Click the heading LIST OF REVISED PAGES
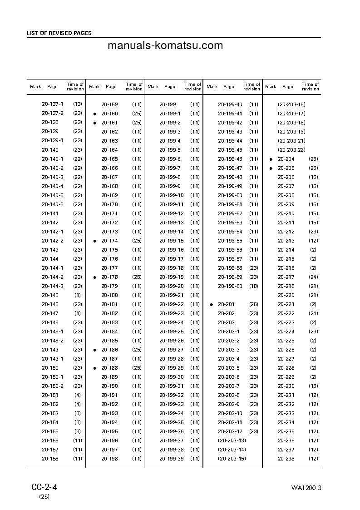tap(59, 33)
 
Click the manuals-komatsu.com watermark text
tap(165, 45)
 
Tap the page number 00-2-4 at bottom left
tap(44, 487)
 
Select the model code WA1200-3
tap(306, 488)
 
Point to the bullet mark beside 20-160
tap(94, 114)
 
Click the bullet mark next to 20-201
tap(212, 304)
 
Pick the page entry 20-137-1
tap(53, 104)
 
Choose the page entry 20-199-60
tap(230, 286)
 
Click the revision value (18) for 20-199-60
tap(254, 286)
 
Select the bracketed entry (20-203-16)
tap(291, 104)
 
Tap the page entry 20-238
tap(286, 459)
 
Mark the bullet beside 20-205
tap(271, 168)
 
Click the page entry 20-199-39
tap(172, 459)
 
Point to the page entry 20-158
tap(50, 459)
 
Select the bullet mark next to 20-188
tap(94, 368)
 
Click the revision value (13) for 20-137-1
tap(78, 104)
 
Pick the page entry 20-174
tap(109, 241)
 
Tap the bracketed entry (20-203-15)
tap(232, 459)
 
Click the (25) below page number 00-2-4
tap(44, 497)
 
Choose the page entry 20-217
tap(286, 277)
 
